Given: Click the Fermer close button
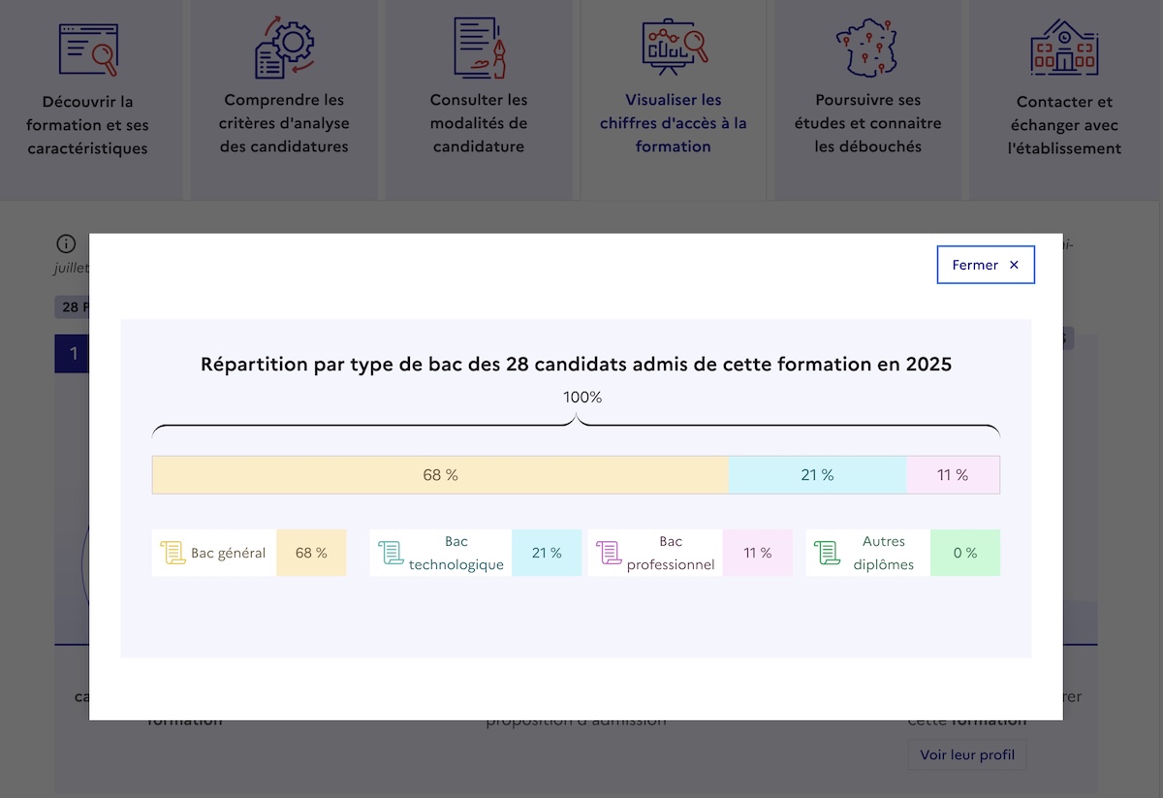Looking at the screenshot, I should (986, 265).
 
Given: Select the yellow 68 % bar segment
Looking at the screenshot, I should (440, 475).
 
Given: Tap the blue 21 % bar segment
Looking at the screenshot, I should (817, 475).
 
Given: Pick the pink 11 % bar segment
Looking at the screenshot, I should (953, 475).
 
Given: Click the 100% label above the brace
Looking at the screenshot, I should (582, 398).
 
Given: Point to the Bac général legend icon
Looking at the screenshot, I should (173, 553).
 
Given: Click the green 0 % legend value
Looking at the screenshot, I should (964, 553).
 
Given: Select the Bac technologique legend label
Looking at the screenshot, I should (456, 553).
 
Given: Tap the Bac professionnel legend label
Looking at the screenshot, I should (671, 553).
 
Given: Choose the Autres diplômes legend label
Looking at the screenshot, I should (883, 553).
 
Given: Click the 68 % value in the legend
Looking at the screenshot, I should (311, 553).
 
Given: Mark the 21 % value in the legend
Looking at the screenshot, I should (547, 553).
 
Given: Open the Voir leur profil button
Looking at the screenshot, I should (966, 754).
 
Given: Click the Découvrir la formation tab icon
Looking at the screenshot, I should (87, 49).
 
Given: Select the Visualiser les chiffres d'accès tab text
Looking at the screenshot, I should (674, 123).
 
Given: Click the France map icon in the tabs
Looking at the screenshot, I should (867, 48).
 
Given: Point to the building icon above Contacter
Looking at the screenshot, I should (1063, 48).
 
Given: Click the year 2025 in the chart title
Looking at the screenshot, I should (928, 365).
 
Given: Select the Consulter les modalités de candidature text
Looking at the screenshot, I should (479, 123).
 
